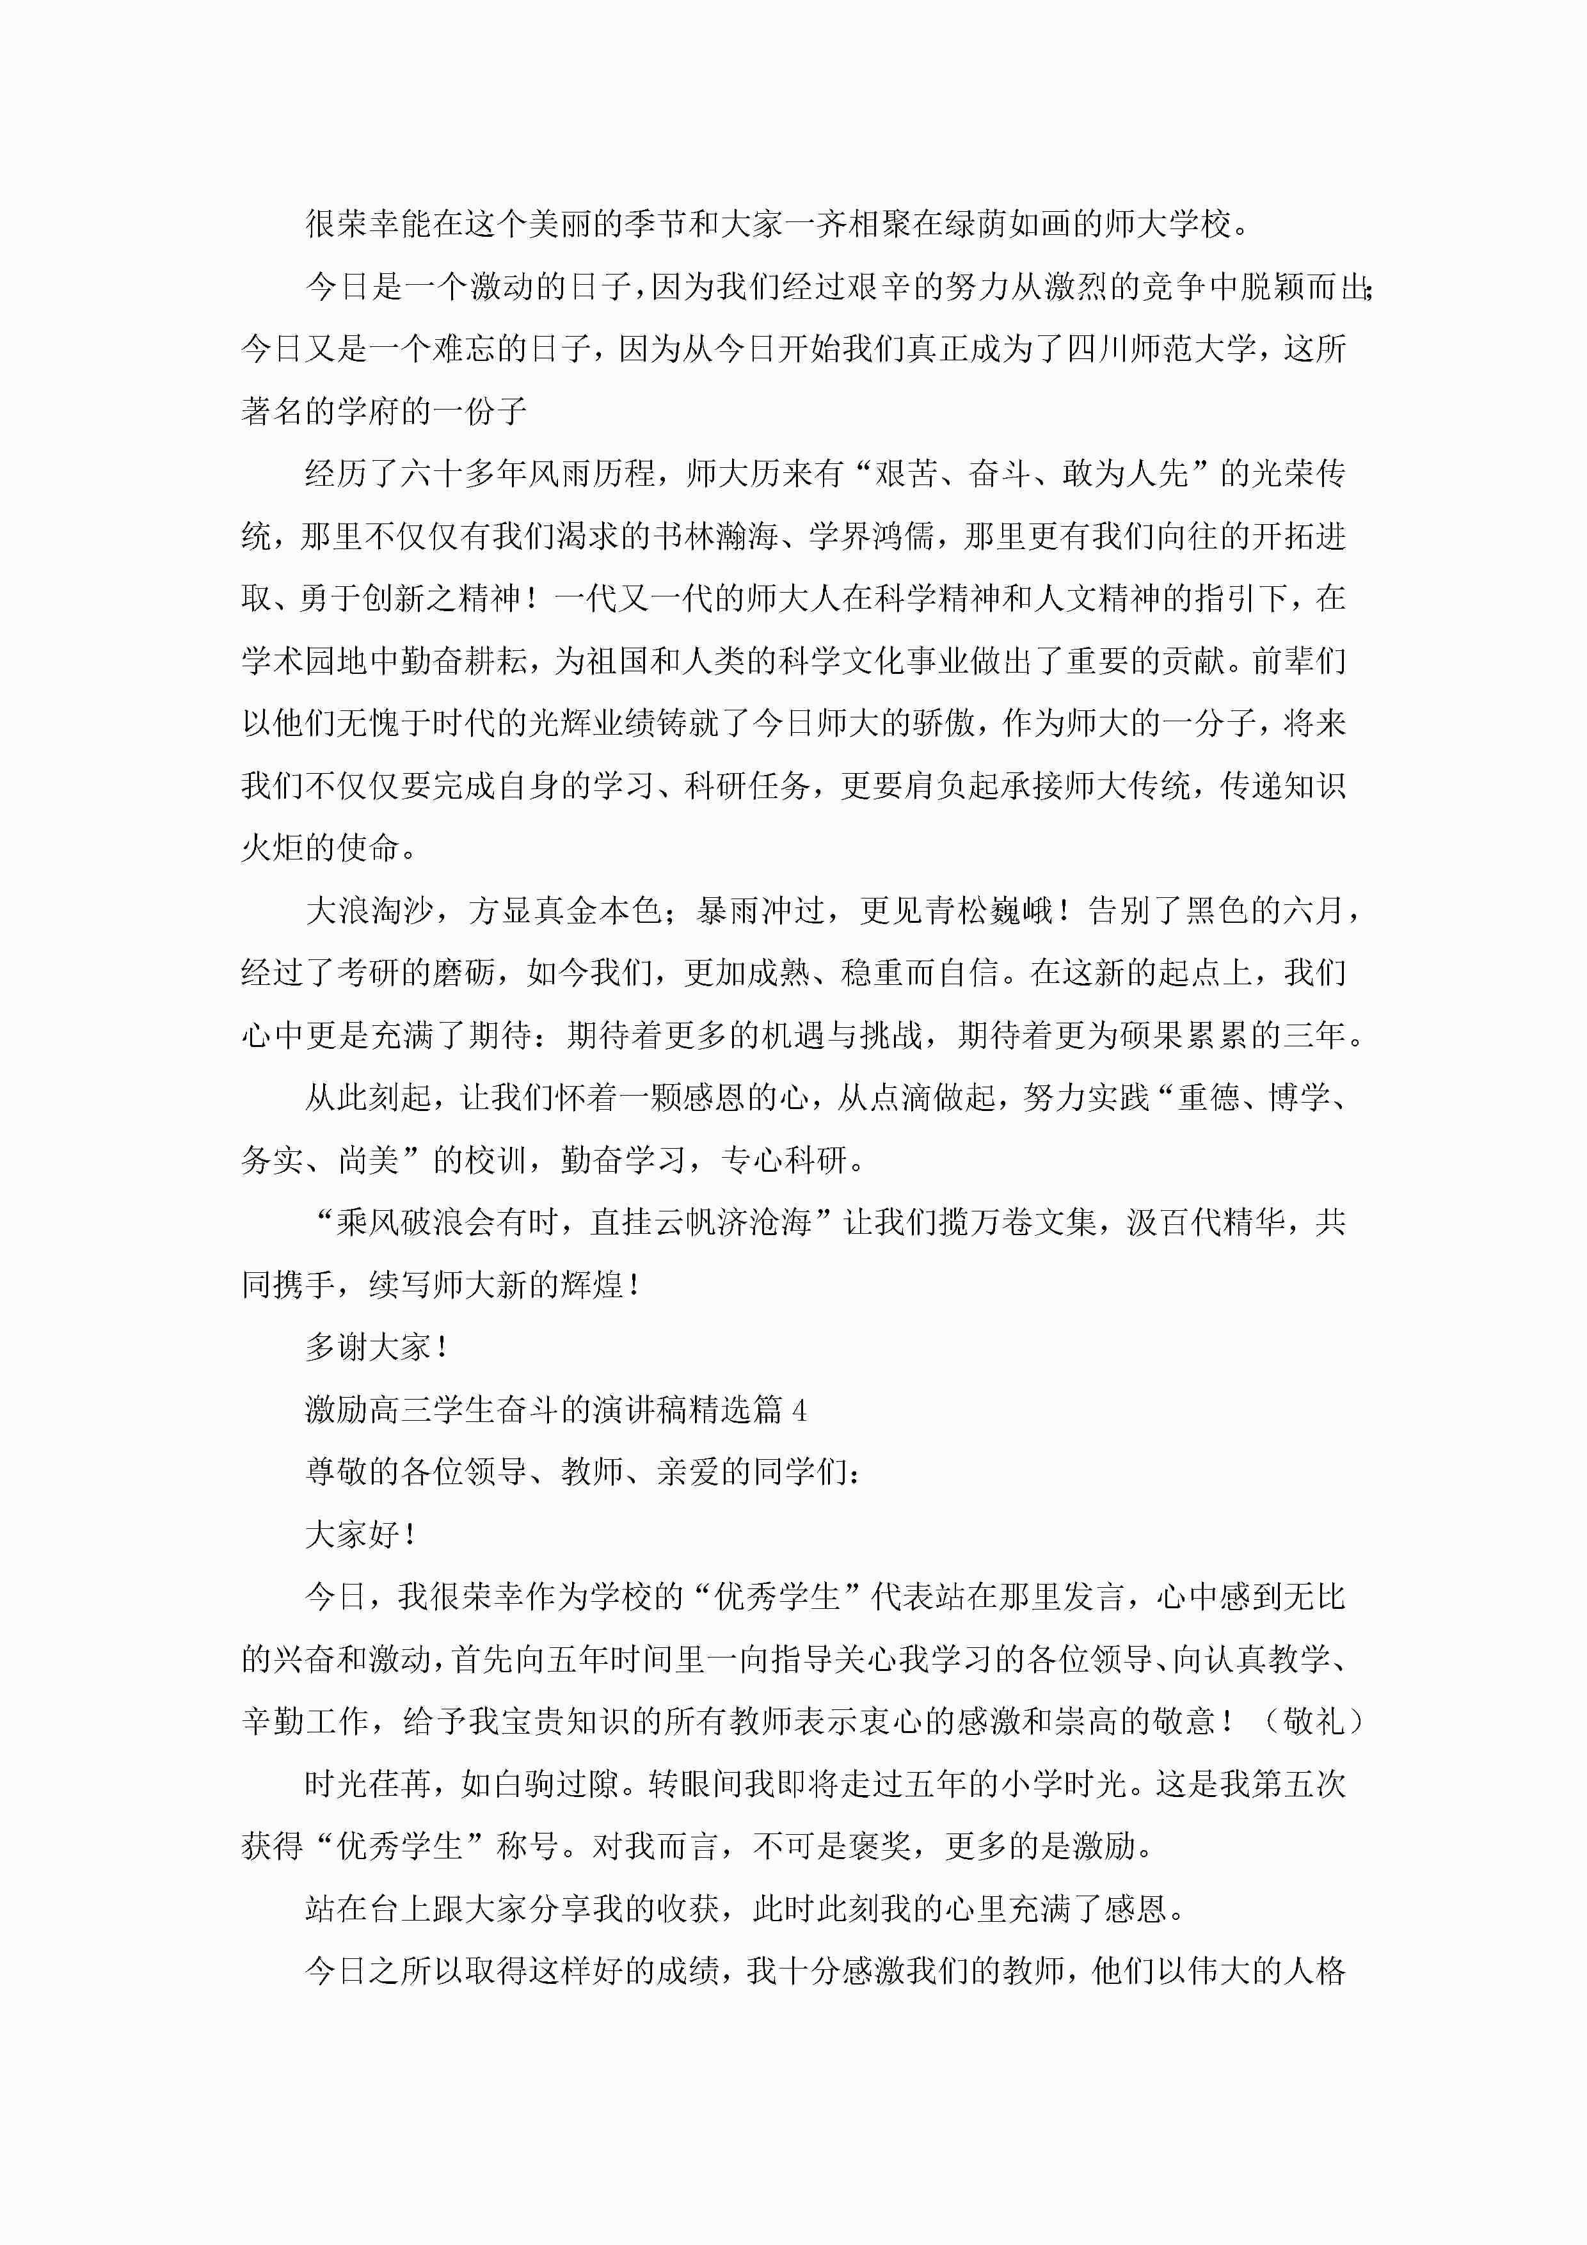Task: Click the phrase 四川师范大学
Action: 1159,349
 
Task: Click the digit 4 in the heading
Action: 800,1410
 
